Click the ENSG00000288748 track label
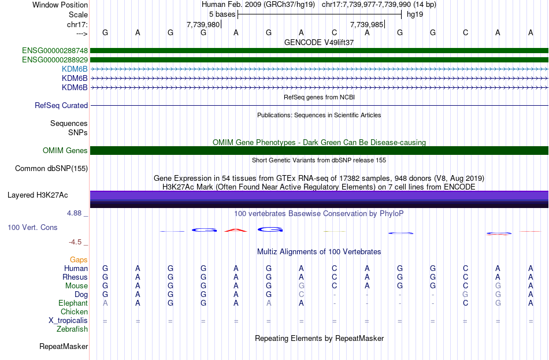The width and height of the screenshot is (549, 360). pos(55,50)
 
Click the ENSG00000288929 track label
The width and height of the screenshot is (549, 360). pos(55,60)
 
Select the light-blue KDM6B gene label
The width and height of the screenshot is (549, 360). pos(75,69)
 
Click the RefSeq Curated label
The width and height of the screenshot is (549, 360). pos(61,106)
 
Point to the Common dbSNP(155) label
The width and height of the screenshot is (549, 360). pos(51,169)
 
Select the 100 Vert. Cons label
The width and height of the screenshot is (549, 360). pos(32,228)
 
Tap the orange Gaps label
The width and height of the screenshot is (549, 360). pos(79,260)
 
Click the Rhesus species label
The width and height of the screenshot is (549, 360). pos(75,277)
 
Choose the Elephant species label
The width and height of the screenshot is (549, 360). pos(73,303)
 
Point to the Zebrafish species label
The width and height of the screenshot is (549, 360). pos(72,329)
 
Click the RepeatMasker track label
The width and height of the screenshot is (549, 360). pos(64,347)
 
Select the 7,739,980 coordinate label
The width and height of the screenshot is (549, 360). pos(203,25)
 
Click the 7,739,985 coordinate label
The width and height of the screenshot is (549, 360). pos(367,25)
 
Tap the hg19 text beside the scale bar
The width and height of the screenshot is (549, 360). pos(414,14)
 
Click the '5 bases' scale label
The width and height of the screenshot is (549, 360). pos(222,14)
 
